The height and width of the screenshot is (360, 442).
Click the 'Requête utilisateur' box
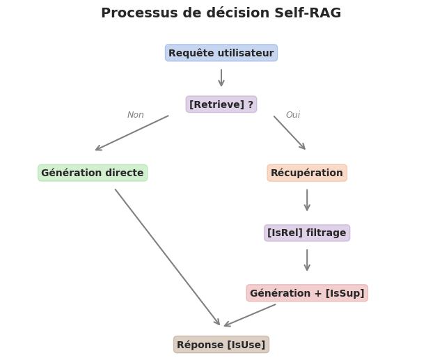point(221,53)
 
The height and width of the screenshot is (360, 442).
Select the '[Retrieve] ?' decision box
point(221,104)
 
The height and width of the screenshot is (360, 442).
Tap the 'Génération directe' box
point(93,173)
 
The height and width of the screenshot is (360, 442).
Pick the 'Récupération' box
point(307,173)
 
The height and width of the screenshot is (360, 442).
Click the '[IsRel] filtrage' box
point(307,233)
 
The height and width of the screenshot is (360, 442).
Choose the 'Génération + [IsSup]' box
point(307,293)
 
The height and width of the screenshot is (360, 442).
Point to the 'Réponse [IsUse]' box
point(221,345)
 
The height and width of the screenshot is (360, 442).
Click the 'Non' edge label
point(136,115)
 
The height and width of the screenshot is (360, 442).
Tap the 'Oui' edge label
point(293,115)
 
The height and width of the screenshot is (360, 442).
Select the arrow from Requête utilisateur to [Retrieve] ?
point(221,77)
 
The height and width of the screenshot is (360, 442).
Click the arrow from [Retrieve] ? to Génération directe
point(132,133)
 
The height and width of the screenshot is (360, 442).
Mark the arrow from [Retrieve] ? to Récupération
point(290,132)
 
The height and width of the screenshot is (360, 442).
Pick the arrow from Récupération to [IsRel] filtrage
point(307,200)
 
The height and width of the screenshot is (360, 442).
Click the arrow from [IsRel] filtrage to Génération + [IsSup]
point(307,260)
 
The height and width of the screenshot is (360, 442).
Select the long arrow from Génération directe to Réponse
point(167,256)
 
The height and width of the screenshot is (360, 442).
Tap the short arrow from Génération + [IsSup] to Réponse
point(250,315)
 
